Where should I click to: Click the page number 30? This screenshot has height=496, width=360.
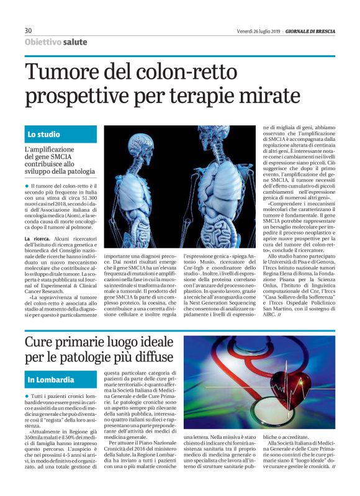[28, 30]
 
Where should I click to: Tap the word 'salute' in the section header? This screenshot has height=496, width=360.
[75, 42]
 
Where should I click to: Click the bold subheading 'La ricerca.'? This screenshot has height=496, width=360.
[38, 239]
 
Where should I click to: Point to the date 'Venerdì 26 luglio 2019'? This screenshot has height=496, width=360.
[258, 30]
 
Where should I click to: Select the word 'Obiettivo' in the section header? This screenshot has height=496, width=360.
[43, 42]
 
